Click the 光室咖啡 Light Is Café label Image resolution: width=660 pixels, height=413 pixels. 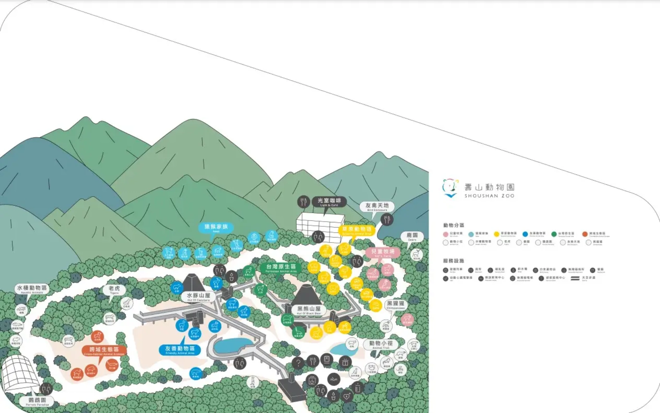[329, 202]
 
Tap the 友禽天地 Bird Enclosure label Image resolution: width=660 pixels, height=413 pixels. [377, 206]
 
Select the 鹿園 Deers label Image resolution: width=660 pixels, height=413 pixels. [412, 236]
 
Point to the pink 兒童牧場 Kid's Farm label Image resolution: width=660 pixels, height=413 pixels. [382, 252]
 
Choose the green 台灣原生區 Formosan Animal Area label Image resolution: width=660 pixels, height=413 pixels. [281, 268]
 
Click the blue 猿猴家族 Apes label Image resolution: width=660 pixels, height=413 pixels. [216, 228]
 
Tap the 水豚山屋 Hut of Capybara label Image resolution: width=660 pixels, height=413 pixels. [198, 296]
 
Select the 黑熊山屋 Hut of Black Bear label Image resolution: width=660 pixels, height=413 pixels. [309, 310]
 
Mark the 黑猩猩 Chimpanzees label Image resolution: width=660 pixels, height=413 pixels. [396, 304]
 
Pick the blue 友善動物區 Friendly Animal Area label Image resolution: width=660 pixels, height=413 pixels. [180, 350]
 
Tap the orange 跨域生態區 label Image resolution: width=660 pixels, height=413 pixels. [104, 350]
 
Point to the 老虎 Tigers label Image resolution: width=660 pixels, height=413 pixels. [114, 290]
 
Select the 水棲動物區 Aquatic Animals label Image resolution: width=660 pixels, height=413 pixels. [32, 289]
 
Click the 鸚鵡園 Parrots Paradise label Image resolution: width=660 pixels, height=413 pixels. [37, 401]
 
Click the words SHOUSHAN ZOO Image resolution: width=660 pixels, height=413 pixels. [489, 196]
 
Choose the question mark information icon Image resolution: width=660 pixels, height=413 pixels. [298, 363]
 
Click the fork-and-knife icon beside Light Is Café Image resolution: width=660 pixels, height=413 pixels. [303, 202]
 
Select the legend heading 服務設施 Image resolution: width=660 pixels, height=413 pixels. [453, 261]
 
